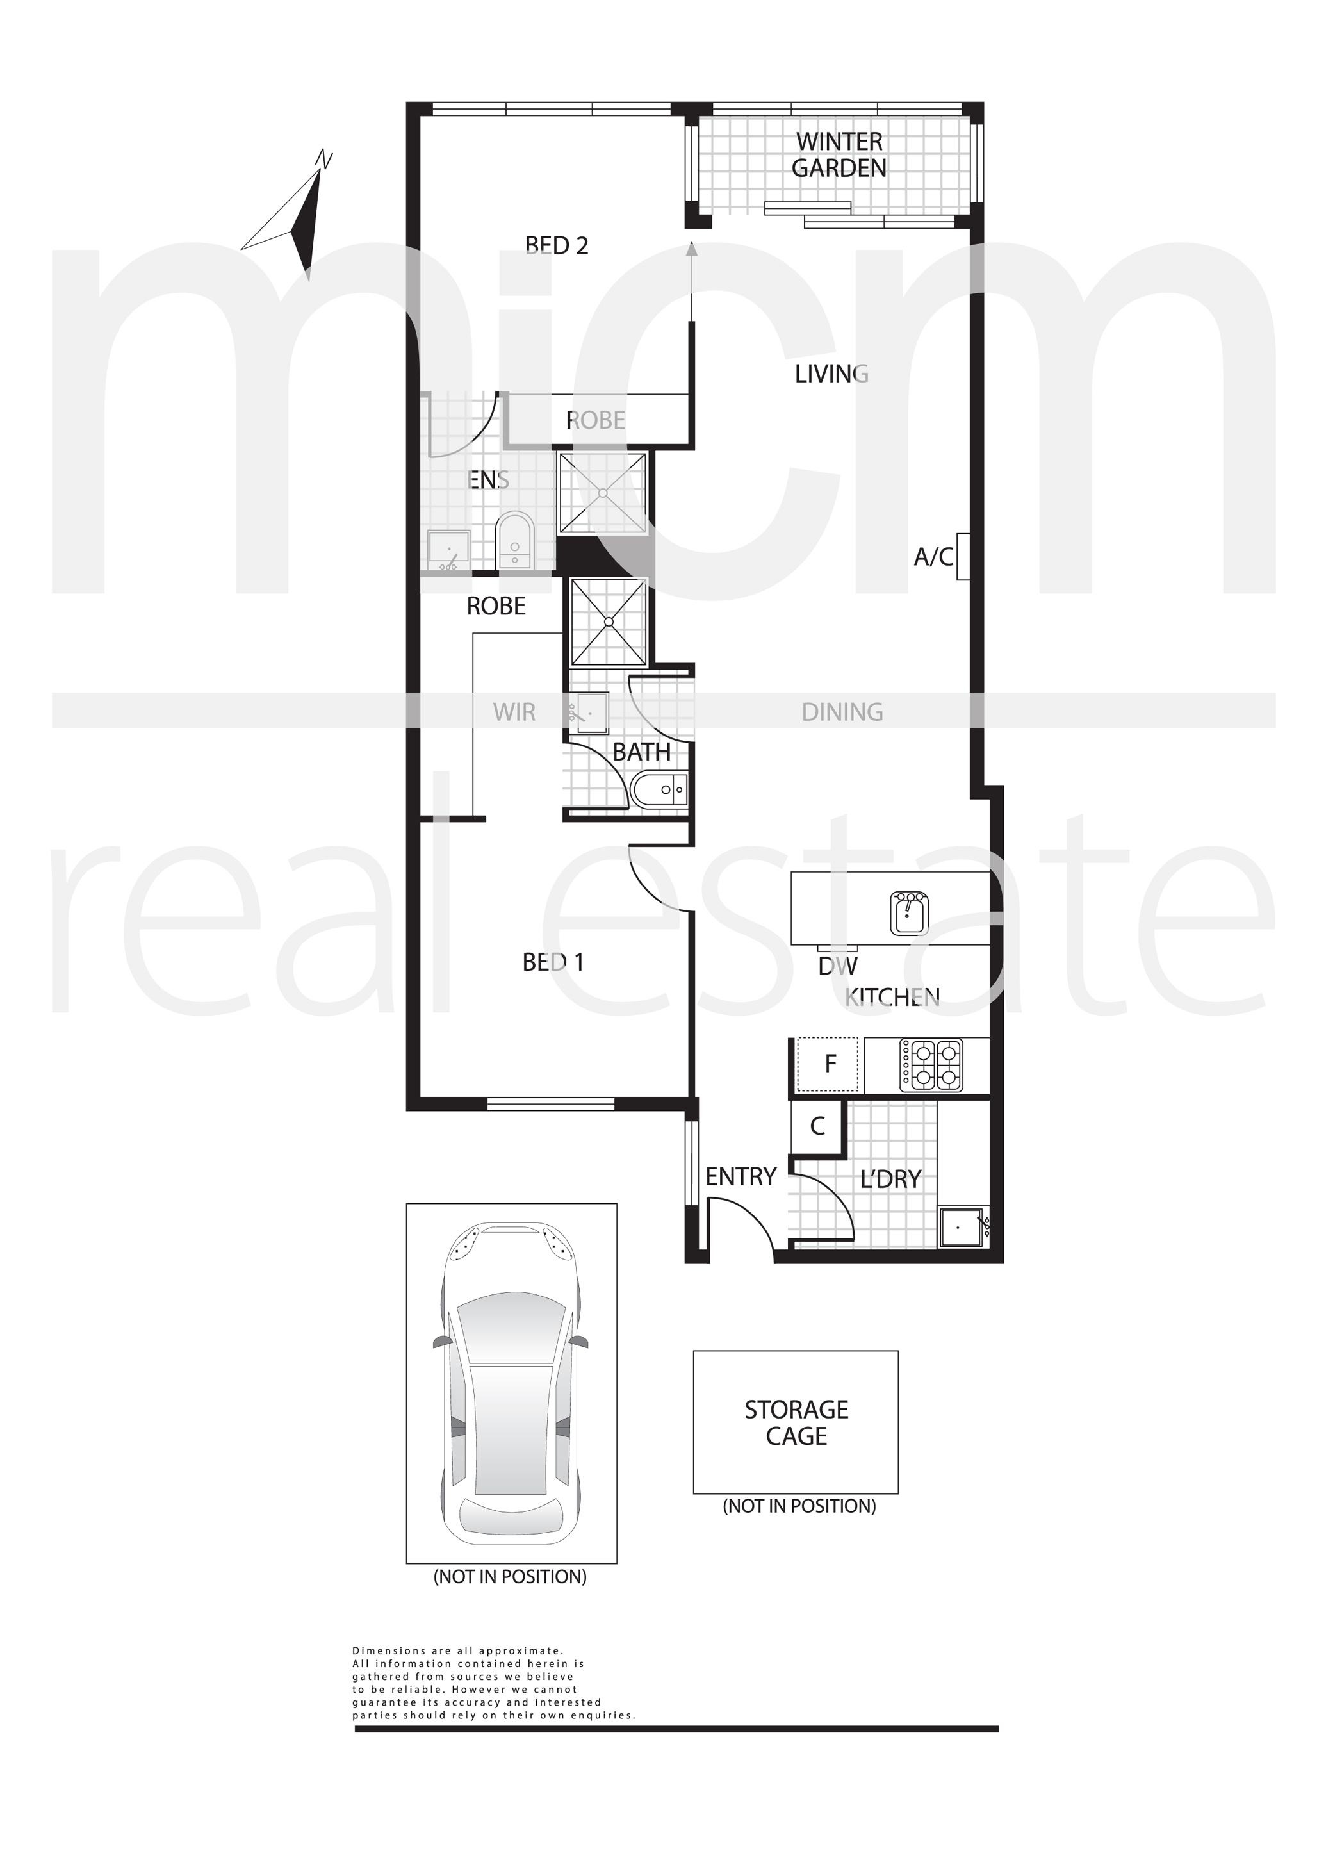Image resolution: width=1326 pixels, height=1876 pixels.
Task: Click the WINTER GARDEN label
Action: pos(839,154)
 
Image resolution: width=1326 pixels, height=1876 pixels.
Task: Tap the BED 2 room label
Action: pos(557,245)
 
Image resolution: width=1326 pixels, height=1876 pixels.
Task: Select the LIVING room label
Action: pos(831,374)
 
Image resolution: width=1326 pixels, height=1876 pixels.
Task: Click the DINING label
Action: pos(842,712)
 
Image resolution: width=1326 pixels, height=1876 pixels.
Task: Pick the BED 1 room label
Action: pos(553,962)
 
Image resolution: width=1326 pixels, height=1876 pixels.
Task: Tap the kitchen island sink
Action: pos(908,912)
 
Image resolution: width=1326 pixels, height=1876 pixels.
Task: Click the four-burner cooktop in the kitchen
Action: pos(931,1065)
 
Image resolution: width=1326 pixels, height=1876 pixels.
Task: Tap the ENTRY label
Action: pos(741,1176)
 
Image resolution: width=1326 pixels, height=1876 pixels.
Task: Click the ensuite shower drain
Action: pos(602,493)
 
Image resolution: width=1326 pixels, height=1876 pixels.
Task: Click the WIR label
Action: pos(514,712)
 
